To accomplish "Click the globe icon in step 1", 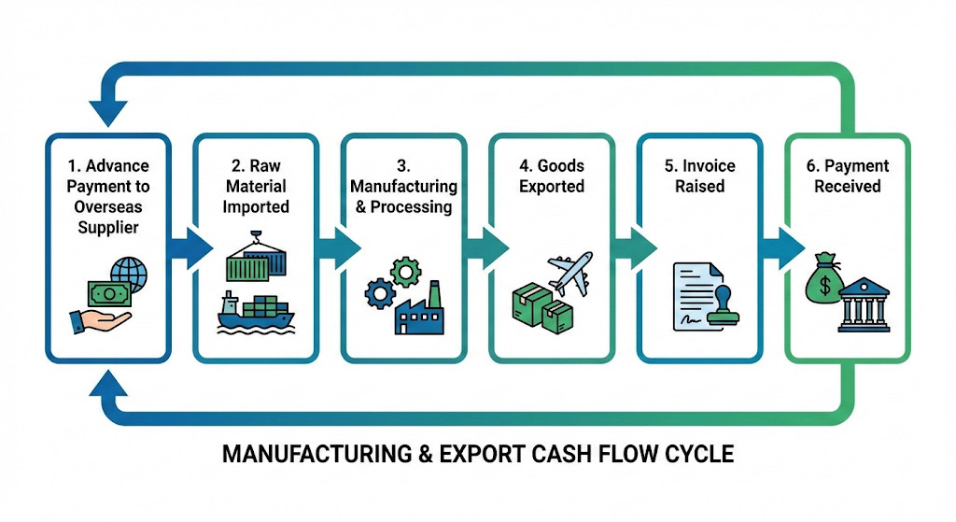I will point(130,275).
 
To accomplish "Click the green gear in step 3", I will point(405,272).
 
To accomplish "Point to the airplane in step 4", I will point(569,273).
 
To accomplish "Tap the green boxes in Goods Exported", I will point(541,308).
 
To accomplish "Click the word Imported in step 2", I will point(256,207).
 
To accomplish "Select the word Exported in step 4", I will point(552,187).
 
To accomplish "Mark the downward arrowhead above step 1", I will point(109,113).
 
